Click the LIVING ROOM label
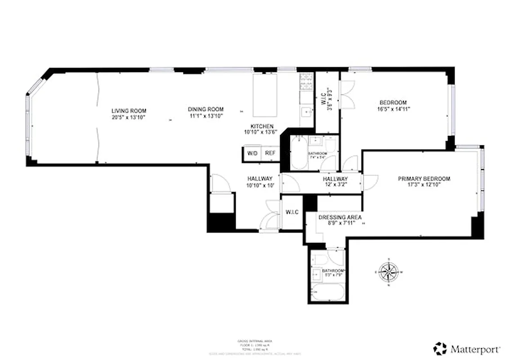point(129,111)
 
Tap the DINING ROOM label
point(205,109)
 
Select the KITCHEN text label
point(262,126)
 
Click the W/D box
point(251,153)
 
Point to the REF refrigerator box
point(270,153)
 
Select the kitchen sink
point(306,110)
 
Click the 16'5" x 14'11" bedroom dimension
point(393,108)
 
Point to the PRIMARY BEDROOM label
point(424,179)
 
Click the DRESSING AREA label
point(340,217)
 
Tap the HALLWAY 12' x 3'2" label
point(335,179)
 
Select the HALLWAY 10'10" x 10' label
point(260,179)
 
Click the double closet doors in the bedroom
point(348,94)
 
